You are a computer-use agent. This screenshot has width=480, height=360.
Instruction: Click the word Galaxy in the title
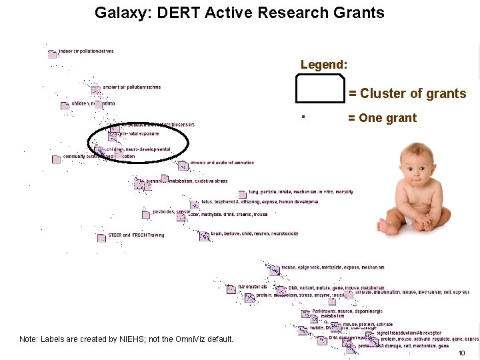point(118,13)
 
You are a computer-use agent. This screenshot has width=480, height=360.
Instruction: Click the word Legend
point(323,65)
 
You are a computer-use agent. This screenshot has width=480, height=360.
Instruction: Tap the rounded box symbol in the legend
point(320,88)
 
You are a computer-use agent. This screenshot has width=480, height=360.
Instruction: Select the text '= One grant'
point(382,118)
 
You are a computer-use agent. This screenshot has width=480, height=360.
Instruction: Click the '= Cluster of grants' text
point(407,93)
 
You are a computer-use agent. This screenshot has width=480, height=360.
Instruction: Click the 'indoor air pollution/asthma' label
point(86,51)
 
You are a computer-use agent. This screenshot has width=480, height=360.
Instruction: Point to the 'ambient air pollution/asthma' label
point(131,87)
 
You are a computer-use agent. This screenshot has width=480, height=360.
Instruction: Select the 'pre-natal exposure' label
point(139,134)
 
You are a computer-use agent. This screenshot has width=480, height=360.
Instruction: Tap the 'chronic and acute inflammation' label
point(222,163)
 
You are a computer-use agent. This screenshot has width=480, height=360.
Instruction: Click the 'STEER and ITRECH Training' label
point(136,235)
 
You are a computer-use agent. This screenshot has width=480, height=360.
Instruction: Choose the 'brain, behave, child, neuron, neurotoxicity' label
point(254,234)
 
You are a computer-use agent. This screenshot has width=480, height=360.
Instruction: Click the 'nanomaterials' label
point(252,287)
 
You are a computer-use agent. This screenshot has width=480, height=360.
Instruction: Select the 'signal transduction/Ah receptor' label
point(409,333)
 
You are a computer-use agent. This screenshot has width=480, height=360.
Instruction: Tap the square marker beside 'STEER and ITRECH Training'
point(101,238)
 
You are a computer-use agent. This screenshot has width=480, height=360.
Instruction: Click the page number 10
point(461,353)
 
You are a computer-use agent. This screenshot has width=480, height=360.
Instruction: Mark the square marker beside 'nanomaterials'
point(231,289)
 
